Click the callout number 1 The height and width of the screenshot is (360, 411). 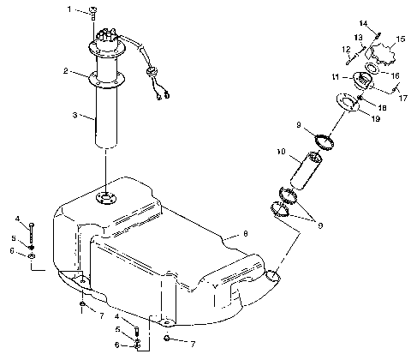point(69,9)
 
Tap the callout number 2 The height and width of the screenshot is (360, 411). point(65,71)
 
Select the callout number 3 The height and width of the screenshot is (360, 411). point(74,114)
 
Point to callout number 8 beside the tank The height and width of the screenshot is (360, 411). point(245,233)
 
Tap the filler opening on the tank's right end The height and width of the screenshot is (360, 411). point(271,277)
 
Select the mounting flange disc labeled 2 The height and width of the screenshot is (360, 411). point(105,79)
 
